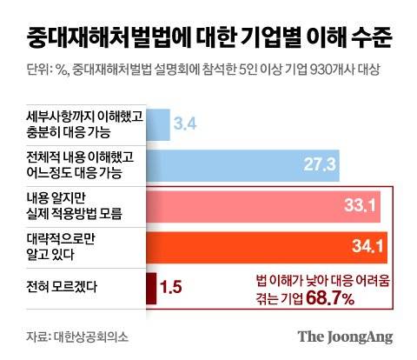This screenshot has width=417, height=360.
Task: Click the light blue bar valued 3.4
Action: tap(158, 124)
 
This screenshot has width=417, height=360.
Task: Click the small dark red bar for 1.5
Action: tap(151, 287)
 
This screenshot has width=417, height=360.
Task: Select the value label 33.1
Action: tap(359, 207)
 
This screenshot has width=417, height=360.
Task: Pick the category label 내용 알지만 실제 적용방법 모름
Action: tap(74, 207)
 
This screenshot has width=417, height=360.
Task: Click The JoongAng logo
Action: tap(345, 337)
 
